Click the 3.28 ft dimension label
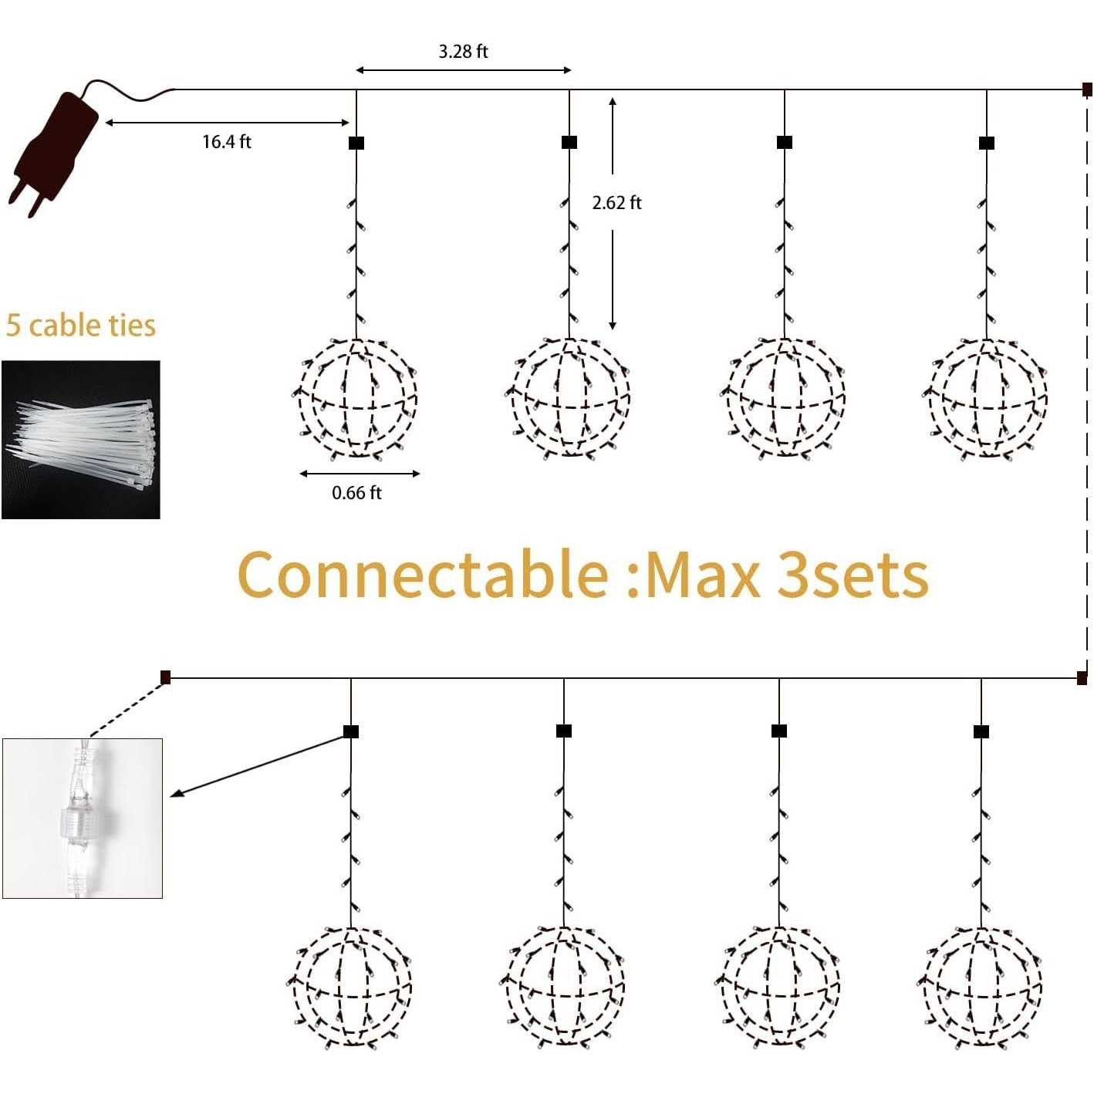[463, 52]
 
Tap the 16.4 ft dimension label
[227, 141]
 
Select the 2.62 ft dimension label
[616, 203]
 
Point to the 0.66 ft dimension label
[356, 492]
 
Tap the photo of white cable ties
[80, 440]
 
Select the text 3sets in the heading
[853, 575]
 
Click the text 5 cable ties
[80, 326]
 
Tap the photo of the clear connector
[83, 818]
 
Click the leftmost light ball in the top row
[356, 398]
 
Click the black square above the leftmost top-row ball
[356, 143]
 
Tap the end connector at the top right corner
[1086, 89]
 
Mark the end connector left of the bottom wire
[165, 677]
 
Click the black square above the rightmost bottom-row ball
[981, 732]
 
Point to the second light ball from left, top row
[569, 398]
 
